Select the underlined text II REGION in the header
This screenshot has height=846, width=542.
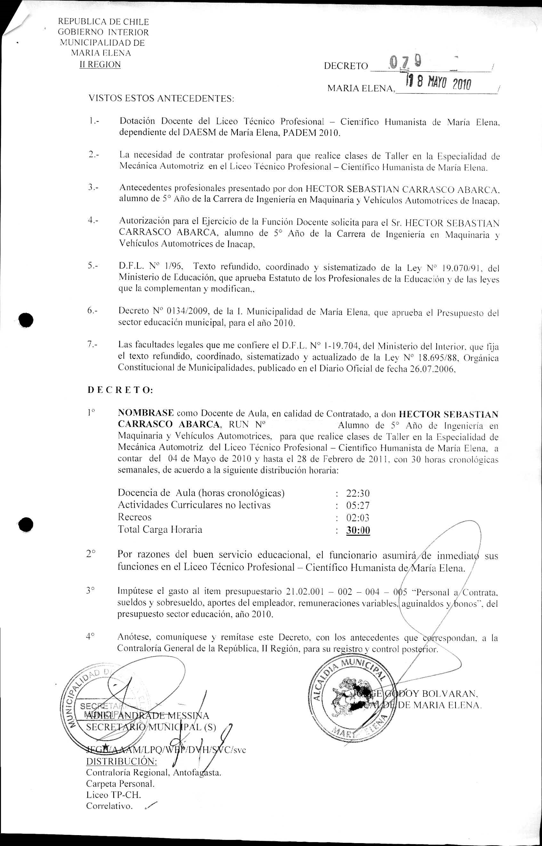(100, 65)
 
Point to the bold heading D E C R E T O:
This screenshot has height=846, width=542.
(120, 390)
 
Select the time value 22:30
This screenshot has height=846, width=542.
(358, 493)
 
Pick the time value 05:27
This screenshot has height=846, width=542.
(358, 506)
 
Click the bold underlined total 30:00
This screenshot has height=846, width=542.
(358, 530)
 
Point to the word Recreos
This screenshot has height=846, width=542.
(134, 517)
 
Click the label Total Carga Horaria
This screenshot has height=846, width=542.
(160, 530)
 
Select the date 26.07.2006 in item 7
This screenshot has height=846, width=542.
(432, 370)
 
